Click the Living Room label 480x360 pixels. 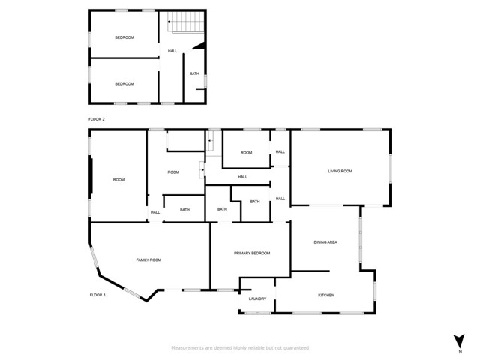click(340, 172)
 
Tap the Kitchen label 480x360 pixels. click(325, 295)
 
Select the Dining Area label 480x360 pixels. click(325, 242)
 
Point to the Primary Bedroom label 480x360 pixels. click(251, 253)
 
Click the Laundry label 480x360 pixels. click(257, 299)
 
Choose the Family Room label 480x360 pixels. click(148, 259)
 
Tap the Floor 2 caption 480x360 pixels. click(97, 119)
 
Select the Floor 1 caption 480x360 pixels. click(97, 295)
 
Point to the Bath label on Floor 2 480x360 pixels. click(194, 73)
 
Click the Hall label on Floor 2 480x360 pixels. click(172, 51)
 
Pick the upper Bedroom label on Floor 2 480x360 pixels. click(124, 37)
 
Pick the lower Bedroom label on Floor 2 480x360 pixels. click(124, 83)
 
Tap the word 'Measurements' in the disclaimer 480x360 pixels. click(187, 348)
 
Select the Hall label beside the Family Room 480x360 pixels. click(155, 212)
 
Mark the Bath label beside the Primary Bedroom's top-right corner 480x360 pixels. click(255, 202)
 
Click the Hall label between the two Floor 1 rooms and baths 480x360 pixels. click(242, 177)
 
